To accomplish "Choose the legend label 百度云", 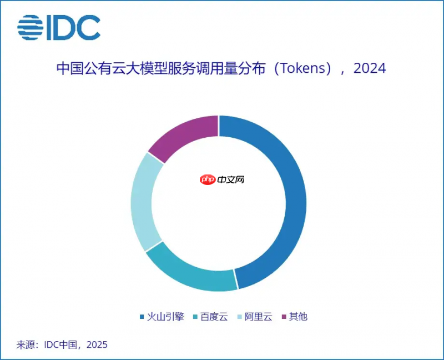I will point(214,317).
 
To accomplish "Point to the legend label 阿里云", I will point(259,317).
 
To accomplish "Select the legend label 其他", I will point(298,317).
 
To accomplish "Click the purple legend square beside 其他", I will point(285,317).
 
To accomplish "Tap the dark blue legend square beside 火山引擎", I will point(142,317).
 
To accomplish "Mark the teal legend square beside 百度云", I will point(195,317).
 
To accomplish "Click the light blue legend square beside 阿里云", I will point(240,317).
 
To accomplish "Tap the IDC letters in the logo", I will point(73,27).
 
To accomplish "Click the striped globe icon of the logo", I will point(30,27).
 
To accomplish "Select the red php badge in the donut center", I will point(208,180).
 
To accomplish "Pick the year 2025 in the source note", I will point(97,344).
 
